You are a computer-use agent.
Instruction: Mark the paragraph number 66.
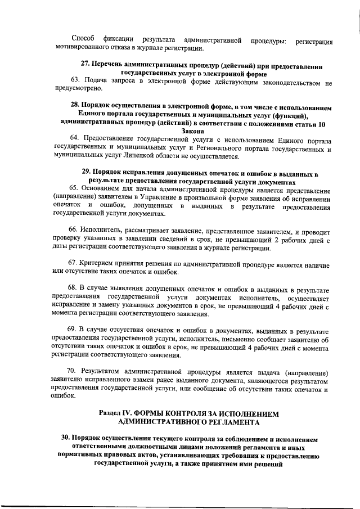(74, 231)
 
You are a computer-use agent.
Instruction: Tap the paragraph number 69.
(74, 328)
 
